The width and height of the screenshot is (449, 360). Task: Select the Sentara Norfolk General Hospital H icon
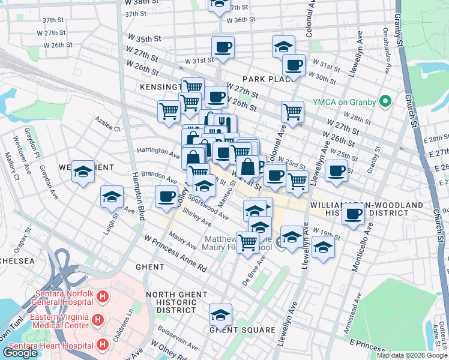103,296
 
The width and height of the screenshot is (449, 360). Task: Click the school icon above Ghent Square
220,314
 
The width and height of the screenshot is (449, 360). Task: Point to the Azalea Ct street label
108,125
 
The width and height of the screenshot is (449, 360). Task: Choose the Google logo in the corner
20,353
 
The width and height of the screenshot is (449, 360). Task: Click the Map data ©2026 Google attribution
412,355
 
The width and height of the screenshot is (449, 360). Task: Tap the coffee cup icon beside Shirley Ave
166,196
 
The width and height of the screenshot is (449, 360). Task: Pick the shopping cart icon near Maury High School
247,242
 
